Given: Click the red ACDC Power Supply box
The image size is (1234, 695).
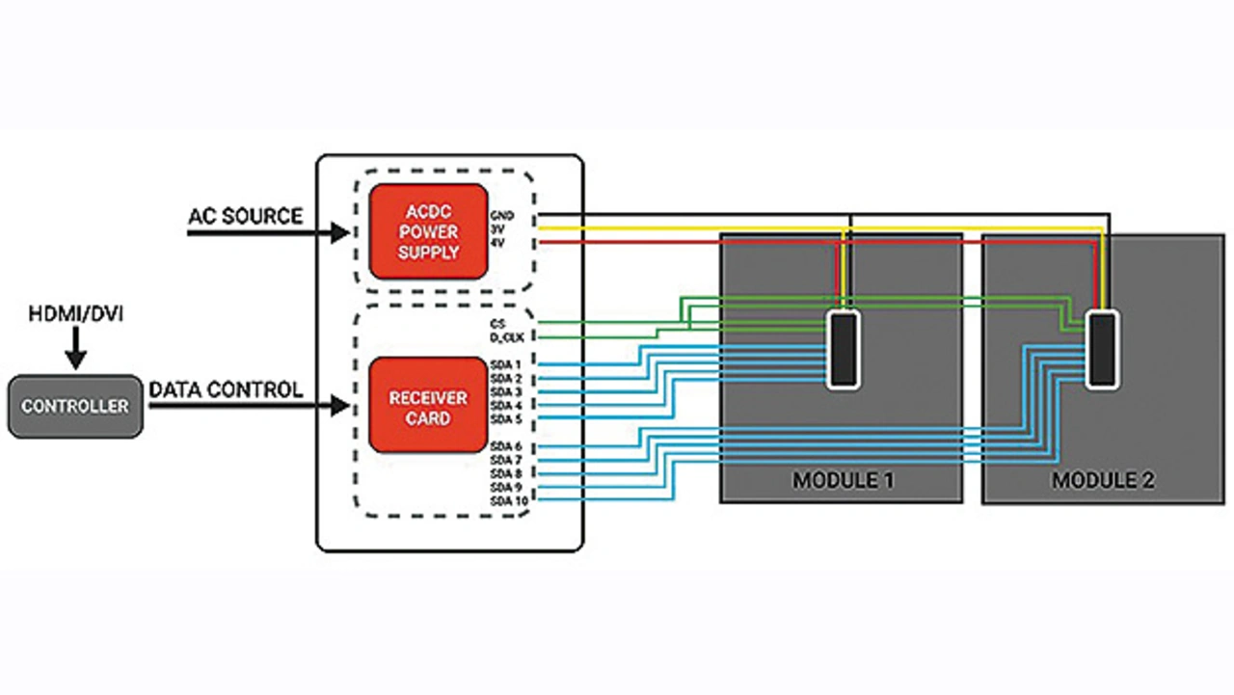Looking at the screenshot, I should tap(428, 231).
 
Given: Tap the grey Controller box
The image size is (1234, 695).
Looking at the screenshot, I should tap(75, 407).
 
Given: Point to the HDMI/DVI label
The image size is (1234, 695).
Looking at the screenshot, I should tap(75, 314).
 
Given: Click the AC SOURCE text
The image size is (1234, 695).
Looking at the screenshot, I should tap(244, 216).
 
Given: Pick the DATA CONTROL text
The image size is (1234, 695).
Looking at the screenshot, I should tap(226, 390).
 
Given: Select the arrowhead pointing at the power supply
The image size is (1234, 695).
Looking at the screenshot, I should tap(339, 232).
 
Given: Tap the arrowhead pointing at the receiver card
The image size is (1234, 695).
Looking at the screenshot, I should tap(339, 407).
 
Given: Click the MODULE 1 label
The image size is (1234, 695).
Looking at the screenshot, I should tap(842, 479).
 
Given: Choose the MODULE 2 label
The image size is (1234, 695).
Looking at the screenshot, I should tap(1103, 479).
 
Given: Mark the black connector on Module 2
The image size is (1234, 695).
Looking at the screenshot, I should tap(1104, 348).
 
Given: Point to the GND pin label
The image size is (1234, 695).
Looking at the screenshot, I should tap(502, 215).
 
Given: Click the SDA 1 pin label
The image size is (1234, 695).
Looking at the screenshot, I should tap(505, 364).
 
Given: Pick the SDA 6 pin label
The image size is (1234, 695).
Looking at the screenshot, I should tap(505, 446).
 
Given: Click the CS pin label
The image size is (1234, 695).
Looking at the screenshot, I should tap(497, 322).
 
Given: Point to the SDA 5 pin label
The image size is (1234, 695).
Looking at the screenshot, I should tap(505, 419).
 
